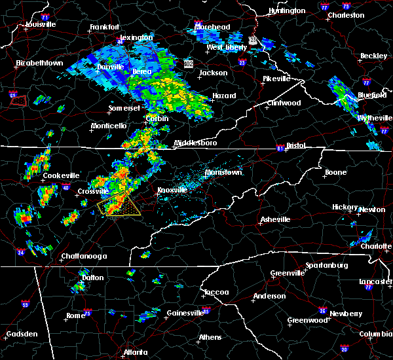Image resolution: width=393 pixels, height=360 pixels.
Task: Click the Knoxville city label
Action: (x=172, y=190)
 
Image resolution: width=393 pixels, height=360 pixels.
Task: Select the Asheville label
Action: (x=273, y=219)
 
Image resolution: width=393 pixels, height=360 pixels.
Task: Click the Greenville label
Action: (x=288, y=273)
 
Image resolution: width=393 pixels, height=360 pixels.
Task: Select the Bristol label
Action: (x=293, y=145)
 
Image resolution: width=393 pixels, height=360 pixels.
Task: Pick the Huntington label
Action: (x=287, y=11)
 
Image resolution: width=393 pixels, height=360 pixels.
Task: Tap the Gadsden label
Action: (x=22, y=334)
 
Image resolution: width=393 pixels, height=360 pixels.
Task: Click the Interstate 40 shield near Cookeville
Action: (x=65, y=188)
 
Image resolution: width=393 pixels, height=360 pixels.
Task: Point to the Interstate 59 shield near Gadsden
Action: (x=25, y=304)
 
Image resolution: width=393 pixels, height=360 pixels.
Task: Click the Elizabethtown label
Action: (x=39, y=63)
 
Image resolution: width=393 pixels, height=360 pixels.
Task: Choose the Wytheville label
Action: (x=371, y=118)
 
